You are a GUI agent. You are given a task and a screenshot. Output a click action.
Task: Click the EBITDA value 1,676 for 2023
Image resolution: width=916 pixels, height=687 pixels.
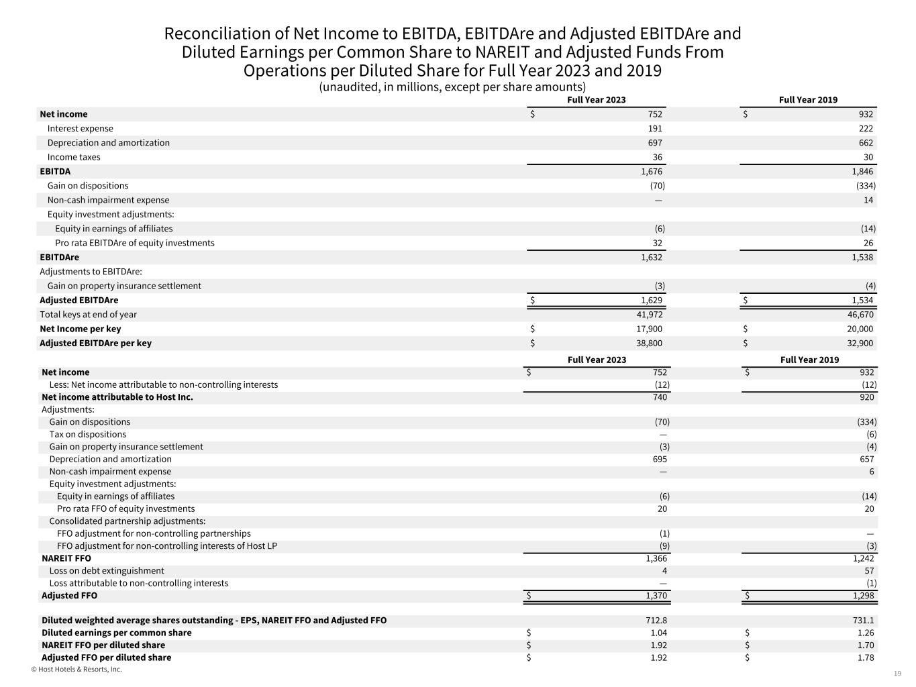pos(651,172)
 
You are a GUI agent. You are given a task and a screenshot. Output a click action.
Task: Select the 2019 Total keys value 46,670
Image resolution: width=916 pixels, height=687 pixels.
pos(860,315)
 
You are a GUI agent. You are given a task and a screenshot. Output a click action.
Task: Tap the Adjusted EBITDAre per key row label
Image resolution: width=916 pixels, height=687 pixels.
pos(95,343)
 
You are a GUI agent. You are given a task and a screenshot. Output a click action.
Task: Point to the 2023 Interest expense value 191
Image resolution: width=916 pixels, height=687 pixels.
pos(655,129)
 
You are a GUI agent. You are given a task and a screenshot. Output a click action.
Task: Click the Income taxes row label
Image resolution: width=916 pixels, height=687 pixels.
pos(74,158)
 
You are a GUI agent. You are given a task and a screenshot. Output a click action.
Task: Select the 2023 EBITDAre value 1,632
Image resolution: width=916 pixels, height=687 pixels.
pos(651,258)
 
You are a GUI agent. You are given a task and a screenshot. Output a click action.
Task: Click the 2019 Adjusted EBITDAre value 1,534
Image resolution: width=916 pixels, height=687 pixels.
pos(862,301)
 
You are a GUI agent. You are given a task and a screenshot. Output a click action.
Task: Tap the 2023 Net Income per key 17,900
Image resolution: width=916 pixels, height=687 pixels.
pos(649,329)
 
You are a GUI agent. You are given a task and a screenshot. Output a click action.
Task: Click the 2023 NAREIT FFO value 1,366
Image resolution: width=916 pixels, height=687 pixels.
pos(656,558)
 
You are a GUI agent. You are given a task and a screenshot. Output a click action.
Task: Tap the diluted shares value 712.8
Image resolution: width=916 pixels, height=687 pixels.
pos(655,621)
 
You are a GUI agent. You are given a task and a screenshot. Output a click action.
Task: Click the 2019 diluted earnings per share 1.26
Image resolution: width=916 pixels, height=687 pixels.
pos(866,633)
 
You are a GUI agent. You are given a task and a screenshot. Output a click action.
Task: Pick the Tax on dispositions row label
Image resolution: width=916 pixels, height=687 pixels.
pos(87,435)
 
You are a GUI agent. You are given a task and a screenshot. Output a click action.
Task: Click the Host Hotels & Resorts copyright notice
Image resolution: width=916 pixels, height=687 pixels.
pos(77,670)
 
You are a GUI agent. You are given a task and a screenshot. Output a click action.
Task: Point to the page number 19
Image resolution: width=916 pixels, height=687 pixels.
pos(897,674)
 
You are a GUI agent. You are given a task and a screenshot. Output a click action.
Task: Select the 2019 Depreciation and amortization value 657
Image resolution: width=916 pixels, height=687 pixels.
pos(866,460)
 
